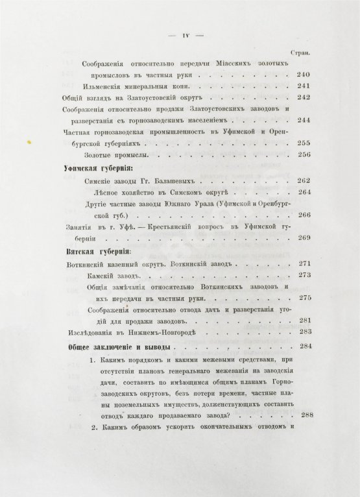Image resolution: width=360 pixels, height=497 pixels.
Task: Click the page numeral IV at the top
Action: click(185, 35)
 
